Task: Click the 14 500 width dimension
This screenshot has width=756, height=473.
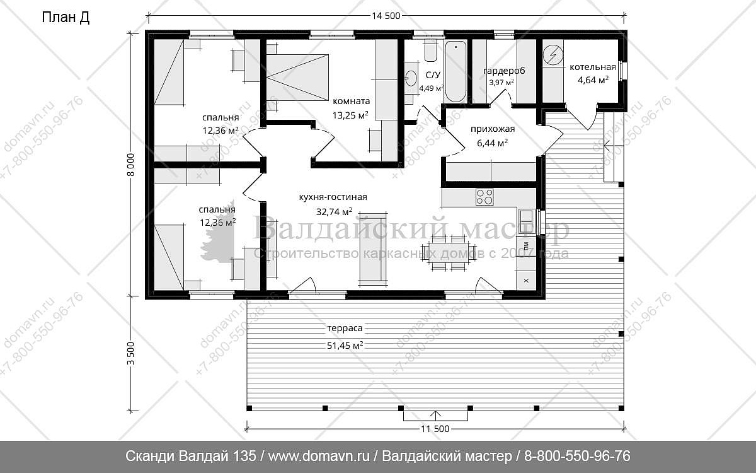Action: (386, 16)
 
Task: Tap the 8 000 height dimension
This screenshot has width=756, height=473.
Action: (131, 165)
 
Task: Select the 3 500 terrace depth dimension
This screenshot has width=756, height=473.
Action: (131, 353)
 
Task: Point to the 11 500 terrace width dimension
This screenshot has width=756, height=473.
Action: (435, 429)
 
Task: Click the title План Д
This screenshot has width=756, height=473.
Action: (66, 18)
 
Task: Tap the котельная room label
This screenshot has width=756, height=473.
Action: (593, 67)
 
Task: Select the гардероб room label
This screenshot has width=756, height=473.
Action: (504, 71)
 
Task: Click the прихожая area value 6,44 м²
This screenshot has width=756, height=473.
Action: (493, 143)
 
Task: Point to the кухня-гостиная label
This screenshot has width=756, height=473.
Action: (333, 197)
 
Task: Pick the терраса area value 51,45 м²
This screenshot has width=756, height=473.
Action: (345, 346)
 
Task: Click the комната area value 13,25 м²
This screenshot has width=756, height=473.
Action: (350, 115)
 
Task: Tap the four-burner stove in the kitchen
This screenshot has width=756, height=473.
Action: (484, 197)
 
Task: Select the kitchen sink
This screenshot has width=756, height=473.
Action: (527, 221)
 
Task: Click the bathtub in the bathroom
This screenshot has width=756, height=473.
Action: (455, 71)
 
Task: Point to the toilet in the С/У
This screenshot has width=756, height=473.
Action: (430, 50)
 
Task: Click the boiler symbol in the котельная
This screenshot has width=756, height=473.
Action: (553, 55)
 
